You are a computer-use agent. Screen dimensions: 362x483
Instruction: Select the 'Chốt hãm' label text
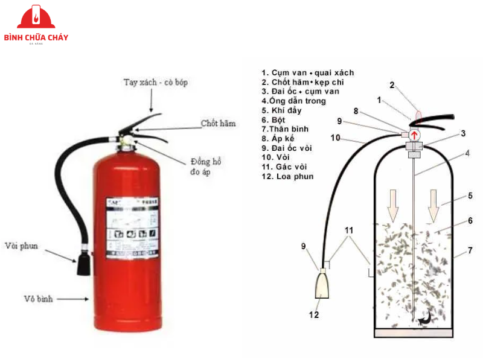click(218, 124)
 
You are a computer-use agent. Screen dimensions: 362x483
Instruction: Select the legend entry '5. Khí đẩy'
click(281, 110)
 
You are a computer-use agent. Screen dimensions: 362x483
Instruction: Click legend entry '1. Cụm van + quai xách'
click(307, 72)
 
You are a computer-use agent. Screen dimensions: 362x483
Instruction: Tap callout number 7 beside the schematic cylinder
click(470, 250)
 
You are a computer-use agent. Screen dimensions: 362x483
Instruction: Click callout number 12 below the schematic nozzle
click(314, 314)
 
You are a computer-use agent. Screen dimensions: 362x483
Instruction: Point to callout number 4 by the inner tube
click(467, 153)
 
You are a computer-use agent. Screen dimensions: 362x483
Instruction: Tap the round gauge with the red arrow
click(415, 135)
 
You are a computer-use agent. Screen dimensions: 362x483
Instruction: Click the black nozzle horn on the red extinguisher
click(83, 264)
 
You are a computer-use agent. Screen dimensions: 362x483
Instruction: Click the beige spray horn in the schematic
click(322, 285)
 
